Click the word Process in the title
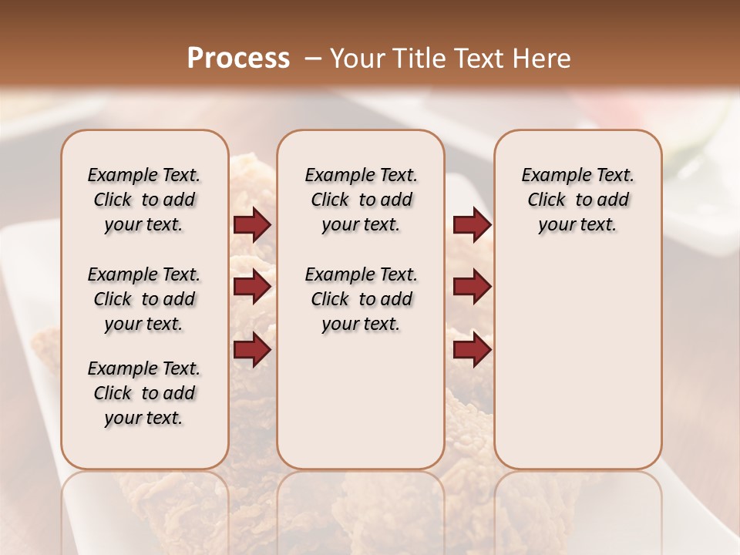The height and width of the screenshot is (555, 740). pos(238,59)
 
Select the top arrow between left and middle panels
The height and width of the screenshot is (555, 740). pos(252,225)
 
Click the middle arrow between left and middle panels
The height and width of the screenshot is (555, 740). pos(252,288)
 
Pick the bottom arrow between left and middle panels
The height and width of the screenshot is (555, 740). pos(252,350)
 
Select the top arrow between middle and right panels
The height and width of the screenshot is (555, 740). pos(472,225)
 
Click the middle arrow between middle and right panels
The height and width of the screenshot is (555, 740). pos(472,288)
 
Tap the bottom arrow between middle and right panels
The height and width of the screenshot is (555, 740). pos(472,350)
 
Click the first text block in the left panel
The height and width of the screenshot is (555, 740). pos(144,200)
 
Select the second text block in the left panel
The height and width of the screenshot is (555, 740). pos(144,299)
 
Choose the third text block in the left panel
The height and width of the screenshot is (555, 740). pos(144,393)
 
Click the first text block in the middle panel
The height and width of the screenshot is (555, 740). pos(361,200)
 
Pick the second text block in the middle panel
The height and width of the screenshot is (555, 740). pos(361,299)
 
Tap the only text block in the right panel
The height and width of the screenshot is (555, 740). pos(577,200)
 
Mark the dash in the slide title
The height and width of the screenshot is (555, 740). pos(312,59)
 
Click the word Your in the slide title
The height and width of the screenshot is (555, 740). pos(353,59)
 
